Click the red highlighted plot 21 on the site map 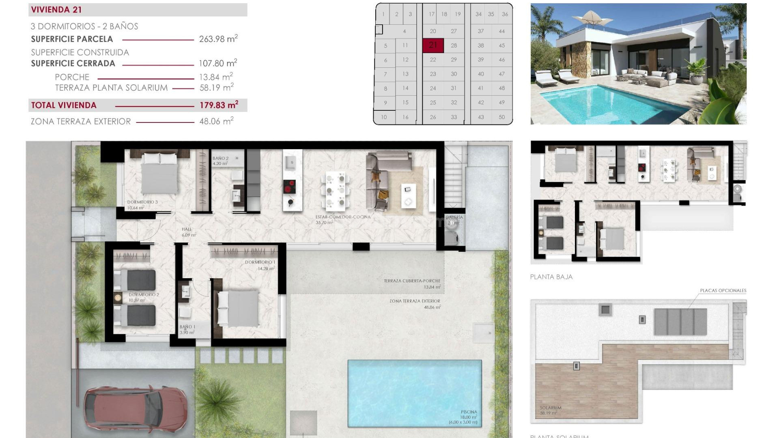click(433, 45)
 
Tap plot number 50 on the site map click(502, 117)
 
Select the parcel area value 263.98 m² click(218, 39)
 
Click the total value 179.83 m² click(218, 105)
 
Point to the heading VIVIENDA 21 click(56, 10)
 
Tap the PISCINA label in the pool click(469, 412)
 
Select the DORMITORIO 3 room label click(142, 202)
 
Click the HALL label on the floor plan click(187, 229)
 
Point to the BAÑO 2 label click(220, 158)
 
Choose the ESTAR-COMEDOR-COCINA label click(343, 217)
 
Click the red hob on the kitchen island click(289, 187)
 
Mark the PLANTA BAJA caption click(551, 277)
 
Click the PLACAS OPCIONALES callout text click(723, 290)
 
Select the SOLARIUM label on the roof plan click(550, 408)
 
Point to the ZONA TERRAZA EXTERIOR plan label click(415, 301)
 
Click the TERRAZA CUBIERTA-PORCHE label click(412, 281)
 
